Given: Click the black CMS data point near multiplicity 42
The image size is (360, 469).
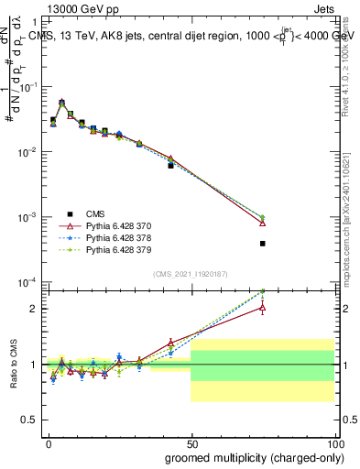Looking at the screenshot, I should click(170, 166).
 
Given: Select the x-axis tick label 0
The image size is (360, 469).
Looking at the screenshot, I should click(48, 443).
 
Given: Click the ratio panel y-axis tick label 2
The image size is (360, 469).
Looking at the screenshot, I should click(34, 309).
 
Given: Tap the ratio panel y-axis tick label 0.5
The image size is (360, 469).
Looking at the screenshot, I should click(29, 420).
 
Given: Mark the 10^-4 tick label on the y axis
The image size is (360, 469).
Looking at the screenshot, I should click(27, 282).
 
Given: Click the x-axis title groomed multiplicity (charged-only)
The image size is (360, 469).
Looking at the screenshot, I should click(252, 457).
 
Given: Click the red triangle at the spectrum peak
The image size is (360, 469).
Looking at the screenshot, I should click(61, 104).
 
